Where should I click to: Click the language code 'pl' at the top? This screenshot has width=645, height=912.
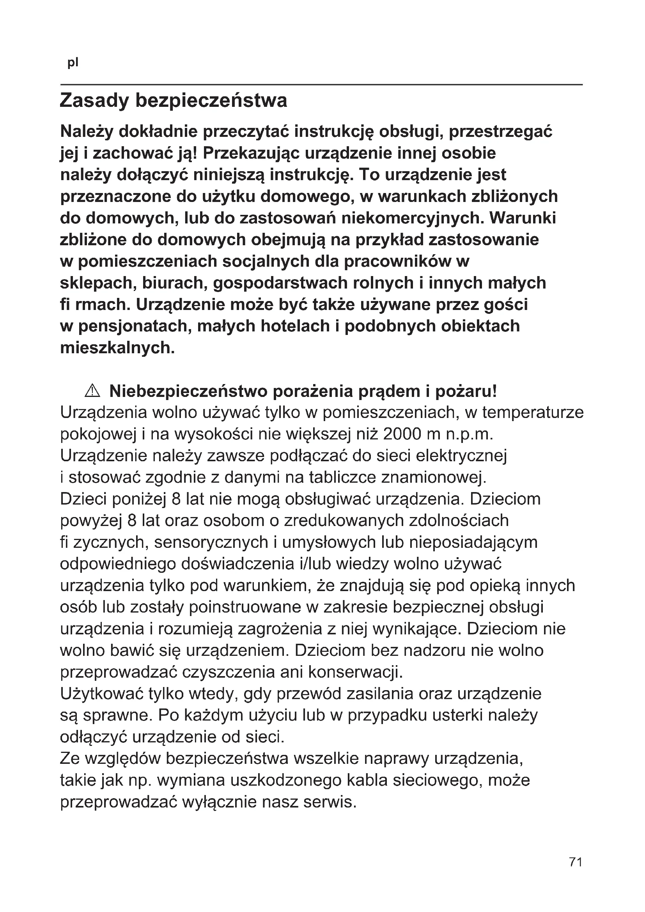click(x=73, y=63)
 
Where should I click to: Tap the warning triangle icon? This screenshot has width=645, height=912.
click(x=92, y=391)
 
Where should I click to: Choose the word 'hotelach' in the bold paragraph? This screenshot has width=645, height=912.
click(x=297, y=326)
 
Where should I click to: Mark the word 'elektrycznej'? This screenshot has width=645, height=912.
click(x=461, y=455)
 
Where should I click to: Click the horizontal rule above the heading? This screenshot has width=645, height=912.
click(x=321, y=85)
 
